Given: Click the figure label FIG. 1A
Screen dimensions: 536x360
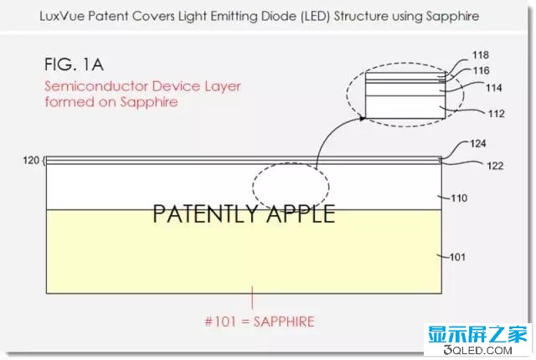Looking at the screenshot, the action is (74, 64).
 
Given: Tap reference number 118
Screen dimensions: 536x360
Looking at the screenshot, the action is (481, 55).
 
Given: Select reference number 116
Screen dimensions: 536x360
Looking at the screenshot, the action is (482, 70).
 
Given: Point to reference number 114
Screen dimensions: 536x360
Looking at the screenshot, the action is (494, 88).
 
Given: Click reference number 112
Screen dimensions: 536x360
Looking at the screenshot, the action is (497, 113).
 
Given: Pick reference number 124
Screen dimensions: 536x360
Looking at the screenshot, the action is (478, 143).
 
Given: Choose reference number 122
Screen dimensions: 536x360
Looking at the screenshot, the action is (495, 166).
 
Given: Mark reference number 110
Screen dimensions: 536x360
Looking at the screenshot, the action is (459, 198).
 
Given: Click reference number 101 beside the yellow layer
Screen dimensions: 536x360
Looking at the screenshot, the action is (458, 257).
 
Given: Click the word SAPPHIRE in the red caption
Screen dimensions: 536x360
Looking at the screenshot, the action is (284, 321).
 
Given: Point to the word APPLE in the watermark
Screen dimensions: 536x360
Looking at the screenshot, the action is (301, 213).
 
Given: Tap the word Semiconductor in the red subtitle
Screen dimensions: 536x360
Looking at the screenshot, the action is (96, 86).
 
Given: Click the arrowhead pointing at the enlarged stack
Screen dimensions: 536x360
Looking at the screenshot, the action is (363, 118).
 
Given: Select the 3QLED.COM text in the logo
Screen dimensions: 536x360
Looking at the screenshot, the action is (478, 350).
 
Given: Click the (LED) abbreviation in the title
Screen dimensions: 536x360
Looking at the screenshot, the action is (315, 16).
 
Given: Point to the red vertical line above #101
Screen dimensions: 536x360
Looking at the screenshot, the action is (252, 297).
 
